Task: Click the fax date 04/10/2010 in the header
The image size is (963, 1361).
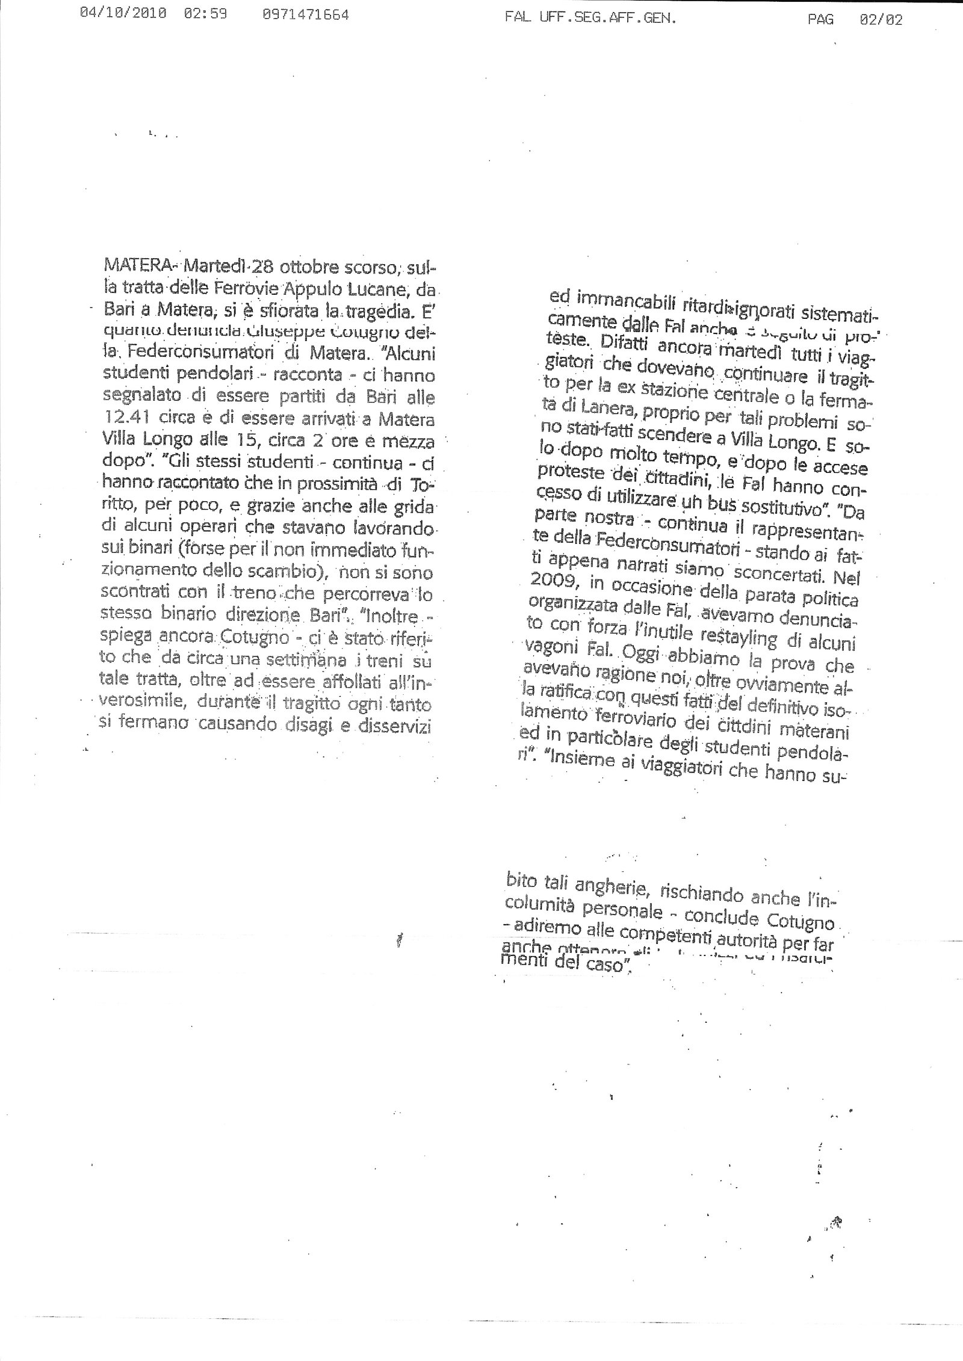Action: pos(124,16)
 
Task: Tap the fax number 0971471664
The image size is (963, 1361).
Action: pos(306,16)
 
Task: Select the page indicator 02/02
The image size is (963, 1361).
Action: pos(881,20)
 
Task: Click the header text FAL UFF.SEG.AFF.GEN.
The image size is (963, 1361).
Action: pos(591,19)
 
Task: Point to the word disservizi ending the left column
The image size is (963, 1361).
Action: pos(396,726)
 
